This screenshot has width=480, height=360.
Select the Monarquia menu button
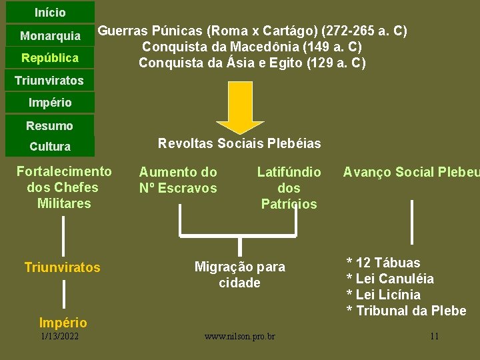tap(50, 35)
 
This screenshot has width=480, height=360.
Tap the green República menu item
tap(50, 58)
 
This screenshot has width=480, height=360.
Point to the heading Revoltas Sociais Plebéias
tap(239, 143)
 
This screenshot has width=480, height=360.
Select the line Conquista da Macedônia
tap(252, 47)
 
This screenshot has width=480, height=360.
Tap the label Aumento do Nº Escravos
tap(178, 180)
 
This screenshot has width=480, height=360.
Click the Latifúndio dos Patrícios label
tap(289, 188)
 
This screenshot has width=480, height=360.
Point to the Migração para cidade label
tap(240, 275)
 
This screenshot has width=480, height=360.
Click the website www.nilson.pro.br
tap(240, 336)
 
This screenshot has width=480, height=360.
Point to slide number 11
tap(434, 336)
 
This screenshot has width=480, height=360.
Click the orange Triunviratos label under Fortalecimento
tap(63, 267)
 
